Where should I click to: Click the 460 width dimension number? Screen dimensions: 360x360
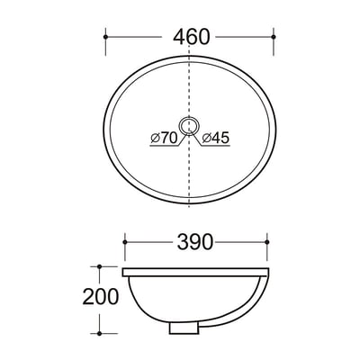[x=191, y=37]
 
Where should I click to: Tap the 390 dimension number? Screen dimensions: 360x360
[x=195, y=242]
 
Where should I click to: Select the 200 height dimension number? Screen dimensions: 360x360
[x=101, y=297]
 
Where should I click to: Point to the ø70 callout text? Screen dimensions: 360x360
[x=165, y=138]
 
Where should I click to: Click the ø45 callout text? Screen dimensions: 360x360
[x=215, y=138]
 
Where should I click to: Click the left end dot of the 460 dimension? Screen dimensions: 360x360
[x=105, y=37]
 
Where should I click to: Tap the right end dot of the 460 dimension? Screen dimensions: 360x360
[x=274, y=37]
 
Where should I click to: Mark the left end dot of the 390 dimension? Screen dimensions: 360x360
[x=125, y=242]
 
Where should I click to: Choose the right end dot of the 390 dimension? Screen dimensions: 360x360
[x=267, y=242]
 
